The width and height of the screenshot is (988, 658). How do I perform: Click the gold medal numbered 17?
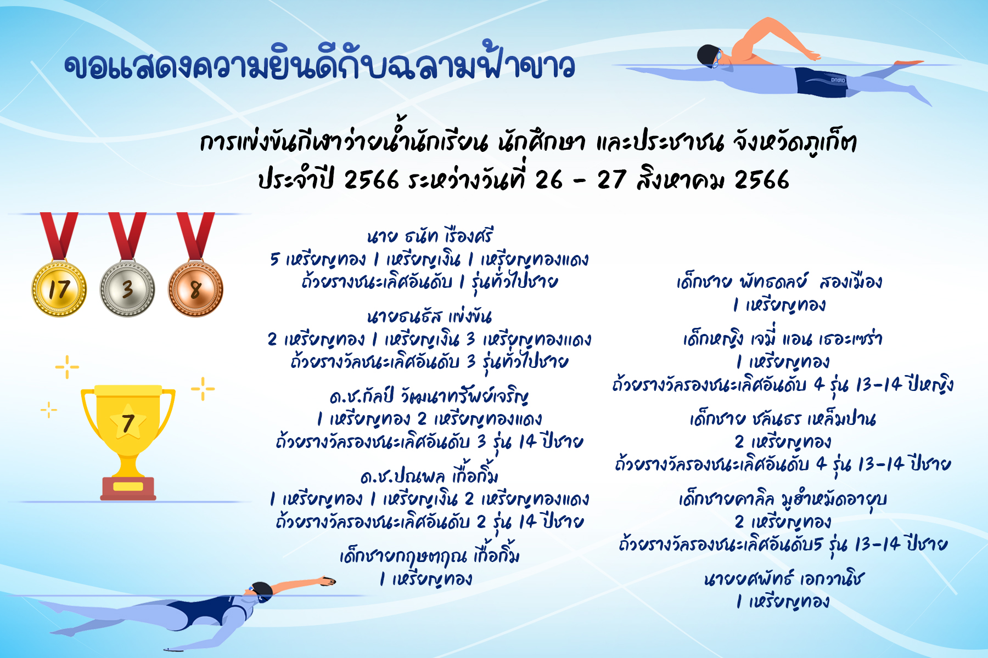coord(59,289)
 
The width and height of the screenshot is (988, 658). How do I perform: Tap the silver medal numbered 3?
coord(127,289)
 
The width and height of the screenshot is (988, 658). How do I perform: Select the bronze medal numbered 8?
coord(195,289)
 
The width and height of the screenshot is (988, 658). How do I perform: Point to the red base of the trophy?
coord(128,489)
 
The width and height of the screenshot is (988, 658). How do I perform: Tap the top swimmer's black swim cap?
coord(707,55)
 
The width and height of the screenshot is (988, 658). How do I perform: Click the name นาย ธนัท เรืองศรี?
coord(430,236)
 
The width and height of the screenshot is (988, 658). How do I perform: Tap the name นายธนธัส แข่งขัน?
coord(429,316)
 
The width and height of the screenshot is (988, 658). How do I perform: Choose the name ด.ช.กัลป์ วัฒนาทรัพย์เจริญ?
coord(429,396)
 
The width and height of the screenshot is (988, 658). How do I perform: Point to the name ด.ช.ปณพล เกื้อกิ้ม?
coord(429,475)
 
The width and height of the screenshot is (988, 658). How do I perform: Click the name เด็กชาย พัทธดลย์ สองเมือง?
coord(779,282)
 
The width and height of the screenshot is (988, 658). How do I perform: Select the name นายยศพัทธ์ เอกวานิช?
coord(784,578)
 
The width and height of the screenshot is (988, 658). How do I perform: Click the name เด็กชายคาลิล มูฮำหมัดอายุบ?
coord(783,499)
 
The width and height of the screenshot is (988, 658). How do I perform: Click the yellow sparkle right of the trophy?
coord(203,389)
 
